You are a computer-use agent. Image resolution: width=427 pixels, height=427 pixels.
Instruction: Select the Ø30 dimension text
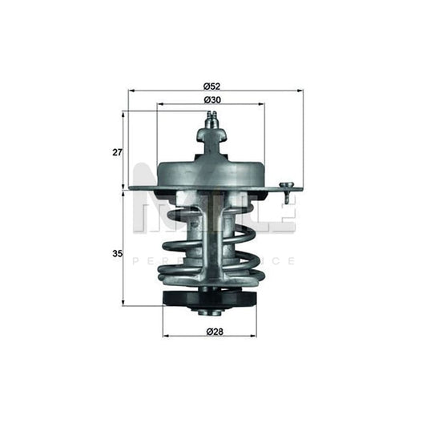click(x=211, y=99)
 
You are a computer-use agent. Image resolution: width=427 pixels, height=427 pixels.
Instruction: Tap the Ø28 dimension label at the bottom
click(x=210, y=331)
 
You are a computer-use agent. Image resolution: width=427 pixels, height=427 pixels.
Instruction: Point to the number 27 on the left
click(x=117, y=152)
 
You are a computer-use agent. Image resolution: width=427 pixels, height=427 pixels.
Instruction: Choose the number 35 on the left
click(x=117, y=254)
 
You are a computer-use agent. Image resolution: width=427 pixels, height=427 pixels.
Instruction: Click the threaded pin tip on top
click(x=211, y=119)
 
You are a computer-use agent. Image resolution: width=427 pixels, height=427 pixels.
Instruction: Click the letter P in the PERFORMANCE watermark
click(x=135, y=261)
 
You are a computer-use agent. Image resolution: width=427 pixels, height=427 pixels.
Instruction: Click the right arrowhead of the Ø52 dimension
click(x=301, y=91)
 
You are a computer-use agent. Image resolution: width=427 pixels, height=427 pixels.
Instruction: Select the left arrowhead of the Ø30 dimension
click(x=159, y=104)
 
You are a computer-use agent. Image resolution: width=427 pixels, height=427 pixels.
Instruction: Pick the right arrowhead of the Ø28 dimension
click(x=255, y=336)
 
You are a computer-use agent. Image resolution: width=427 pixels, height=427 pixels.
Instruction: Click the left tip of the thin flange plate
click(x=131, y=189)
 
